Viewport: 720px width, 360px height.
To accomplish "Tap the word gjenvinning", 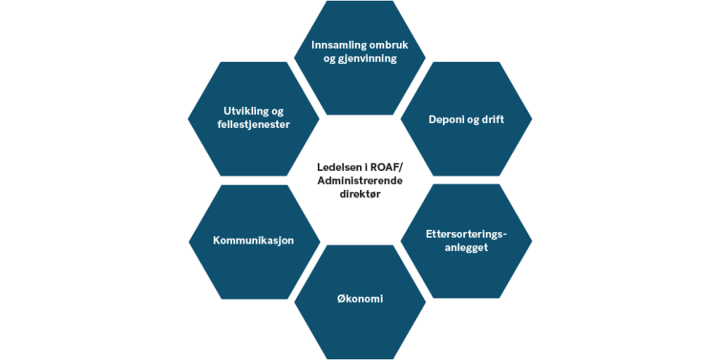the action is click(x=370, y=59).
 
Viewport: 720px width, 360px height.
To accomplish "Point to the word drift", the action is click(x=492, y=119).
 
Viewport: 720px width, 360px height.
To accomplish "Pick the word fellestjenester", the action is click(x=254, y=124).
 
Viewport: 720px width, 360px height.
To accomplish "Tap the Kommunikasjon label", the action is click(x=254, y=241).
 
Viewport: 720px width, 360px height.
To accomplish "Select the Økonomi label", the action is click(x=359, y=300).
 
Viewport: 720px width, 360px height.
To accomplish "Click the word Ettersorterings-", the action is click(x=466, y=233).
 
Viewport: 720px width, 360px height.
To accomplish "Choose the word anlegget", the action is click(x=466, y=247).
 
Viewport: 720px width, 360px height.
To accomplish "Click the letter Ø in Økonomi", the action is click(x=340, y=300).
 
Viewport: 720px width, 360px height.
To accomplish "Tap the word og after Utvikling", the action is click(x=278, y=112).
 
